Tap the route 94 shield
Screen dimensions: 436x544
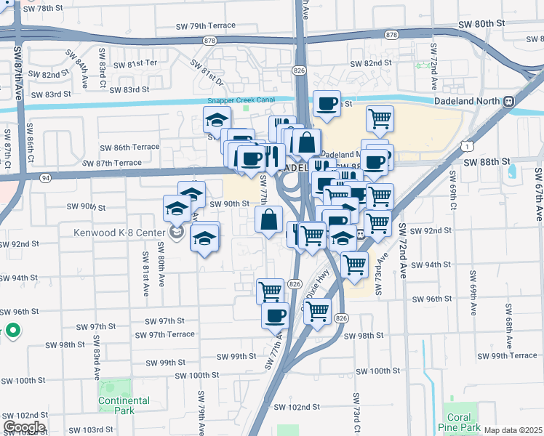(46, 177)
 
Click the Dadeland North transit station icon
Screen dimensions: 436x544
(510, 102)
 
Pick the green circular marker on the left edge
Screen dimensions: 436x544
(13, 333)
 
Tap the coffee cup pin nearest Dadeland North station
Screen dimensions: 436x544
(327, 103)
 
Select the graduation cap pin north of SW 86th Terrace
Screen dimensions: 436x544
(216, 118)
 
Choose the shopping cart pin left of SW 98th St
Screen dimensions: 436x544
(317, 311)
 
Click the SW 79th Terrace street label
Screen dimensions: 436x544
(206, 25)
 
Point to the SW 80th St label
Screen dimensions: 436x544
(481, 23)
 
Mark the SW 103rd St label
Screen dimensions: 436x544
(88, 429)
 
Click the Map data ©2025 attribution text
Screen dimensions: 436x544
(512, 430)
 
